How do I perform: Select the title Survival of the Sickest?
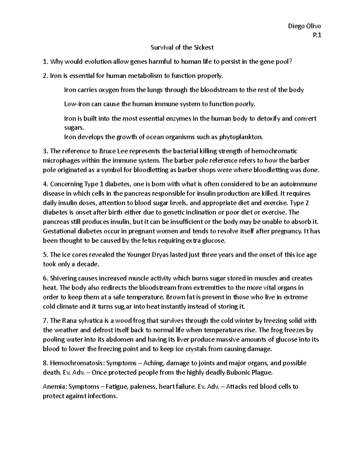pyautogui.click(x=182, y=47)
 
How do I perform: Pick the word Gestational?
pyautogui.click(x=60, y=231)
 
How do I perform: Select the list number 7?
pyautogui.click(x=45, y=321)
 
